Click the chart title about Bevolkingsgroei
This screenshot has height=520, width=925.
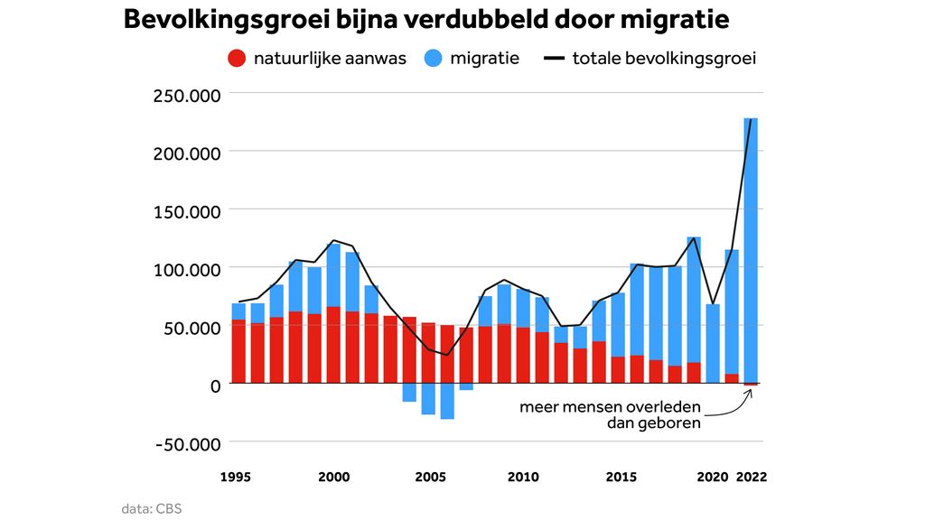[x=425, y=21]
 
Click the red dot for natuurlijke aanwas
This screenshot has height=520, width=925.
[x=237, y=59]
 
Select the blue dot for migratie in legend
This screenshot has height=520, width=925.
[x=435, y=59]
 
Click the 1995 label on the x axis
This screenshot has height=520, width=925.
[x=236, y=477]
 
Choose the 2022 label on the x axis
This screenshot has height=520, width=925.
[x=752, y=477]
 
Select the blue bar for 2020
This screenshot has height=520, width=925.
[x=713, y=343]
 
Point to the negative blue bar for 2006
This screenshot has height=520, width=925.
[x=447, y=401]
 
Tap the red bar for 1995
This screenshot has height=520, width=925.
[x=238, y=351]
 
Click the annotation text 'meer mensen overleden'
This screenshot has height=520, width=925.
[x=610, y=406]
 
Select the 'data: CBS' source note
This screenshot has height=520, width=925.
[x=152, y=508]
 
